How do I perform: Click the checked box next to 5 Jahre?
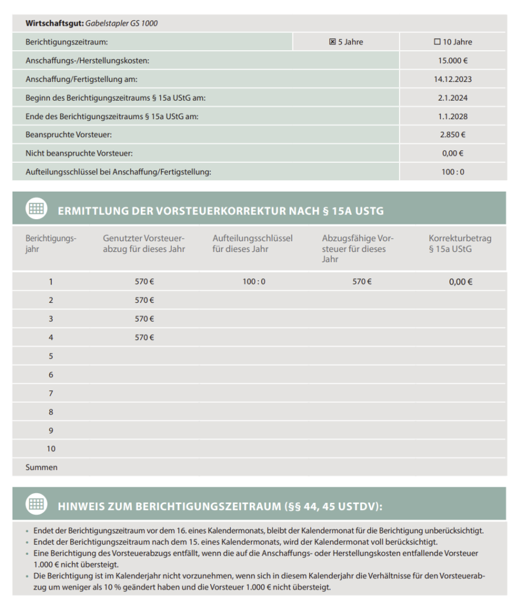point(332,42)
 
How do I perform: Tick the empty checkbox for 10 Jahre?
point(437,42)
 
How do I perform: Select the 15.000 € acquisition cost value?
point(452,60)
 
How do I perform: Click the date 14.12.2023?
point(452,79)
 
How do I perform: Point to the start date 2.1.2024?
point(452,98)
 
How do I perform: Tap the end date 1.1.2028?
point(452,116)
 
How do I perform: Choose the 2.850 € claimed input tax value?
point(452,135)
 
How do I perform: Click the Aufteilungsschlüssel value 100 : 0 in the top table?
point(452,172)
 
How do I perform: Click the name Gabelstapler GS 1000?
point(122,23)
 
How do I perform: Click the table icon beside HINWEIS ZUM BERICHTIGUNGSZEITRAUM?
point(36,504)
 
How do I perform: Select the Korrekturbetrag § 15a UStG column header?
point(459,244)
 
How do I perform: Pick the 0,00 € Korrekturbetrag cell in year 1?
point(461,281)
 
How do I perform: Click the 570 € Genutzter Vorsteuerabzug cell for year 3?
point(144,318)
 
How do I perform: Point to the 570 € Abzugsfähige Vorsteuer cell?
point(362,281)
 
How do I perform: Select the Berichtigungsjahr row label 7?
point(51,393)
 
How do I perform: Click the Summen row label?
point(41,467)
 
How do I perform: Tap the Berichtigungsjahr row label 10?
point(51,448)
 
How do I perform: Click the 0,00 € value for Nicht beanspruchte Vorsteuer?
point(452,153)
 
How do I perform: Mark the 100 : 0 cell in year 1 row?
point(254,281)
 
